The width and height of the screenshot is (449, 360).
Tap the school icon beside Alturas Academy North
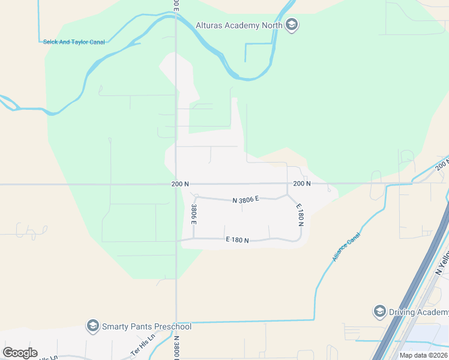292,25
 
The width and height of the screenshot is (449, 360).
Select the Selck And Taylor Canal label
74,42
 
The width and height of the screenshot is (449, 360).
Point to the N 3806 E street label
246,199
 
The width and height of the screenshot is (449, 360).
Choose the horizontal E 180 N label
237,239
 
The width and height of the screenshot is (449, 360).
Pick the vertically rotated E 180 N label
300,214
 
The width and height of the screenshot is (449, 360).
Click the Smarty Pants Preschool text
146,326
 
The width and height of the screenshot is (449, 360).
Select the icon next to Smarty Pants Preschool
92,326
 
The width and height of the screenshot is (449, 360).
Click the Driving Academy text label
419,312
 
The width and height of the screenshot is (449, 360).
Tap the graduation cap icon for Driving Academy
379,311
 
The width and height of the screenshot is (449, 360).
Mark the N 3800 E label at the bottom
177,349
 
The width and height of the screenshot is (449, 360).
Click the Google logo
20,353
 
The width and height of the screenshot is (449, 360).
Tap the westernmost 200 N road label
179,184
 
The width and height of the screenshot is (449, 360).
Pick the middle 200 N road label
302,184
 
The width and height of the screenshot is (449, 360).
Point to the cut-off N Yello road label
443,265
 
